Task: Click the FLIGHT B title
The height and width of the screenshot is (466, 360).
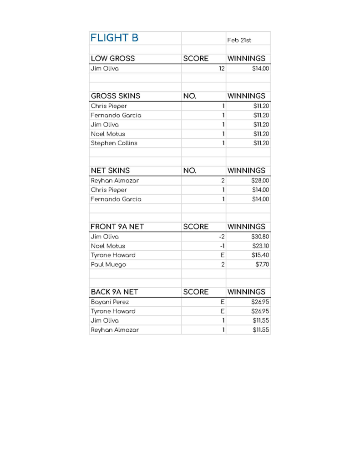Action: click(114, 38)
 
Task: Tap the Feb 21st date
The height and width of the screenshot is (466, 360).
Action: click(239, 41)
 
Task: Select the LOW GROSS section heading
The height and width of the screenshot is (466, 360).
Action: click(113, 59)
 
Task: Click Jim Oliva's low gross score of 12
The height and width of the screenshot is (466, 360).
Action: click(222, 69)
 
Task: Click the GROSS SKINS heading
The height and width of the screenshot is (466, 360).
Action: click(116, 96)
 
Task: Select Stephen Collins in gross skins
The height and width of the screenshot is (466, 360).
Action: click(114, 143)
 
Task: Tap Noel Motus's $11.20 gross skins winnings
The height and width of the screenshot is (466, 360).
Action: click(261, 134)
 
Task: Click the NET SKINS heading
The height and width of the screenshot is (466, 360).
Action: click(110, 171)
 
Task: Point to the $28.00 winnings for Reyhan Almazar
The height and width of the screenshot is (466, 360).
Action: click(260, 181)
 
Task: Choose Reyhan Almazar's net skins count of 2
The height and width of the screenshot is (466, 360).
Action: click(223, 181)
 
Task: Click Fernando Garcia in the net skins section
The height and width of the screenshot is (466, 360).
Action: click(116, 199)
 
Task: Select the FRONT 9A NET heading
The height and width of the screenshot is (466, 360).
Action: click(114, 227)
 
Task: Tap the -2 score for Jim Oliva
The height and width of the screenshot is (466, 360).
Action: click(222, 237)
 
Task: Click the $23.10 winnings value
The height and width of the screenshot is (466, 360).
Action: click(261, 246)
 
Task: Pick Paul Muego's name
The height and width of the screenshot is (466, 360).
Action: click(108, 264)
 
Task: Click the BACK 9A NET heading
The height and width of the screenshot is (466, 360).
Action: click(113, 292)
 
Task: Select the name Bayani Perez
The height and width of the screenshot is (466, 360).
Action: click(110, 302)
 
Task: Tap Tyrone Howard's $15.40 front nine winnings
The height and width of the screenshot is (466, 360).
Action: click(260, 255)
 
